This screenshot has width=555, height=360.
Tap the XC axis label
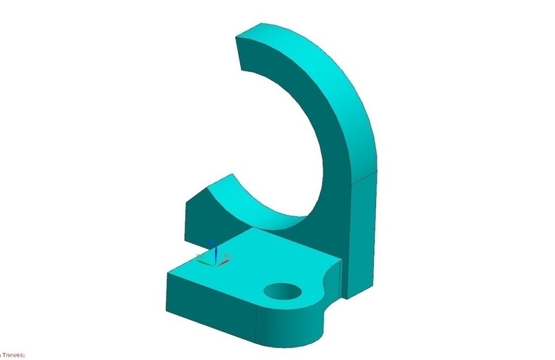[x=228, y=255]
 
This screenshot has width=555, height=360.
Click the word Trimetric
[x=15, y=356]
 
